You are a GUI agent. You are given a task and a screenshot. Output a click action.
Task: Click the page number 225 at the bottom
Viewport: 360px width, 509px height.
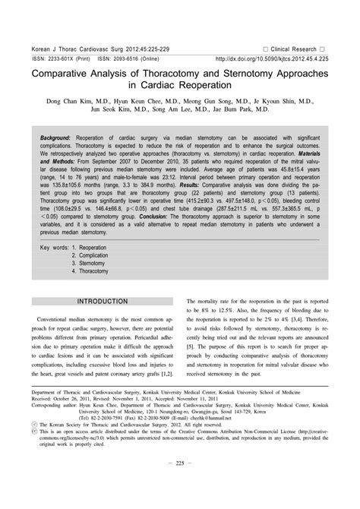click(x=180, y=484)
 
